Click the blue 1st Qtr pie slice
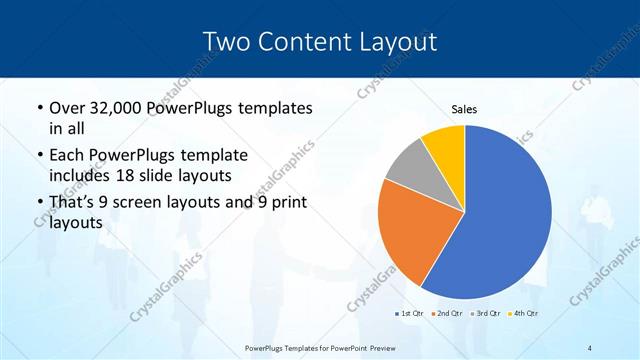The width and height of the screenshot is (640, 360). [x=505, y=215]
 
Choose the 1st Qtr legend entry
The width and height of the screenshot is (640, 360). [x=408, y=314]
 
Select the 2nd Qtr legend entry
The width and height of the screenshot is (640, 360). [x=445, y=314]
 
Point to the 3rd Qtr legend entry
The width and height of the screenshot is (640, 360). [x=484, y=314]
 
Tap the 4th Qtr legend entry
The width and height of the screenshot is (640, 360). [x=522, y=314]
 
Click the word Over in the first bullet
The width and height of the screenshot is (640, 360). [x=68, y=106]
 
